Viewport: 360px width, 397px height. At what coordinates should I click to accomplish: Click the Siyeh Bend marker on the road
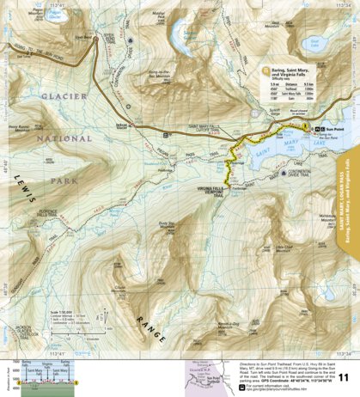81,38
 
